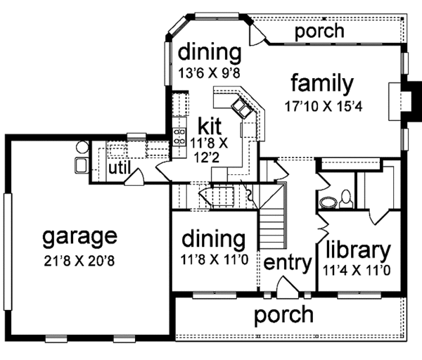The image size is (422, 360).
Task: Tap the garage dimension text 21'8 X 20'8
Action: (79, 261)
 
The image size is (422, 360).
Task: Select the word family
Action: (322, 84)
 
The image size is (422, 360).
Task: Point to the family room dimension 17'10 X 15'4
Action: (324, 107)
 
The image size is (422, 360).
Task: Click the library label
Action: (358, 251)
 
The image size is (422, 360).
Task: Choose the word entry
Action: (288, 263)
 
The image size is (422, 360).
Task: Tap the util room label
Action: (120, 168)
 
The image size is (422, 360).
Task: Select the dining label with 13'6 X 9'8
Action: (210, 52)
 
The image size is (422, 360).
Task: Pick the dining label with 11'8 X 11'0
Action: (214, 240)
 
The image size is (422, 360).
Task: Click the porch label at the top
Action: (319, 32)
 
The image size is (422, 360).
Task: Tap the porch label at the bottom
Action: (284, 315)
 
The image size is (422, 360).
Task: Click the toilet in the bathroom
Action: (346, 199)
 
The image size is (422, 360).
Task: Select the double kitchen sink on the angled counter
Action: (241, 108)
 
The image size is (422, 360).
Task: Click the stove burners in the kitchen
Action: (179, 136)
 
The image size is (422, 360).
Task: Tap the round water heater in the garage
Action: (82, 148)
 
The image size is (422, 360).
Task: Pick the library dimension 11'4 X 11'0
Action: (357, 271)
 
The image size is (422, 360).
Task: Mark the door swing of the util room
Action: (134, 176)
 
